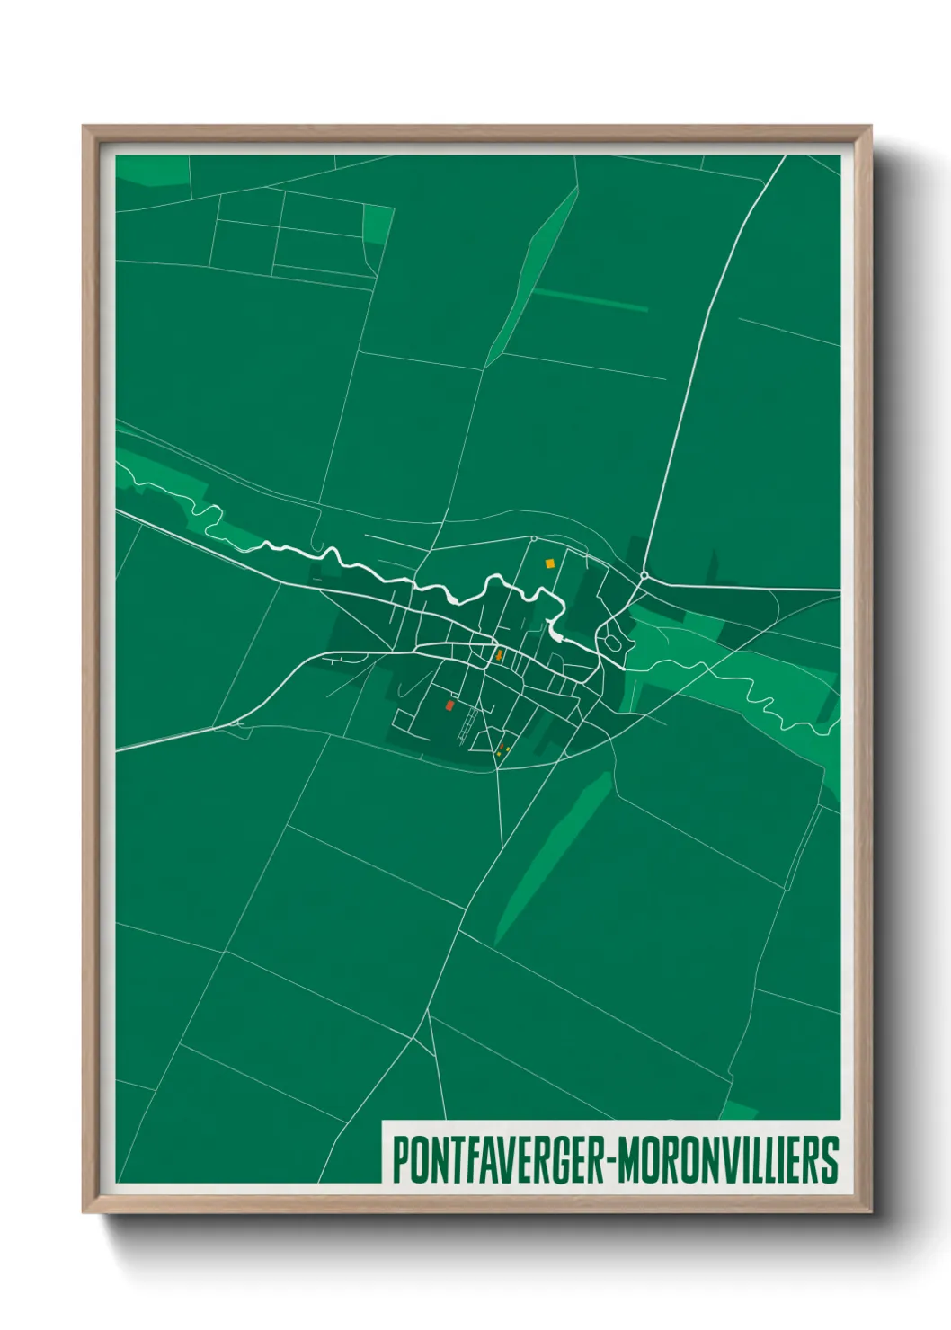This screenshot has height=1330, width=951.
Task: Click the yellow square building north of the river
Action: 549,563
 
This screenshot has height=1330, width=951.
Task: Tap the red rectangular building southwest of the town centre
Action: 449,705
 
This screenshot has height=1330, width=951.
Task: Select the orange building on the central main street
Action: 498,655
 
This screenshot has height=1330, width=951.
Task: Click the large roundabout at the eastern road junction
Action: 644,575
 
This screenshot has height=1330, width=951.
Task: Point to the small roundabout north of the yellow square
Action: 534,539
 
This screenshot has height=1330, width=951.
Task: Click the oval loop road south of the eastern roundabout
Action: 612,643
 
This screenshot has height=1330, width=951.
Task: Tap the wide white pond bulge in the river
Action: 555,634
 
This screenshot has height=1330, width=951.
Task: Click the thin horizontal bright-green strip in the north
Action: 590,300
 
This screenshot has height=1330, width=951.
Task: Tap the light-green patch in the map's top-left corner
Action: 151,170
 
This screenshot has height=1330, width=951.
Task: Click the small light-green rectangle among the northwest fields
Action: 378,225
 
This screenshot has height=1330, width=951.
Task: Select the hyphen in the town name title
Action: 609,1161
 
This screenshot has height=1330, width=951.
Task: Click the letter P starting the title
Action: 400,1161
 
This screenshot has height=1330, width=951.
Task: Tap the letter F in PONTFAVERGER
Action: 468,1161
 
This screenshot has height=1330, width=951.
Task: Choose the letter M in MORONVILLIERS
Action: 629,1161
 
